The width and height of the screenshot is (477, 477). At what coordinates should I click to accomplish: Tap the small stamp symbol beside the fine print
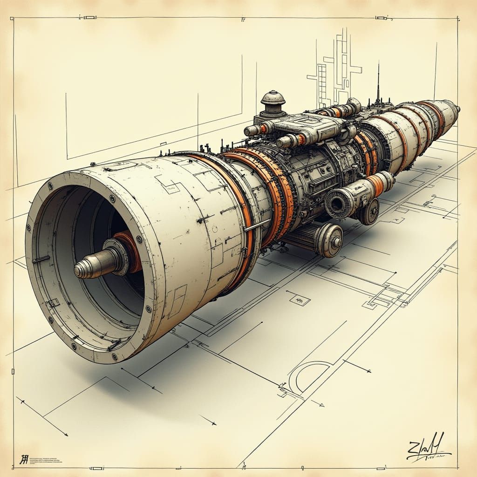(23, 459)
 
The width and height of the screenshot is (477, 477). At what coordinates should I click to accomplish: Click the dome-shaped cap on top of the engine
(273, 99)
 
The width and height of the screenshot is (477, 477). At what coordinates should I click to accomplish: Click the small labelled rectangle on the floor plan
(300, 300)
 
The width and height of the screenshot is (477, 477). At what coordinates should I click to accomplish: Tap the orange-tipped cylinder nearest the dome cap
(256, 129)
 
